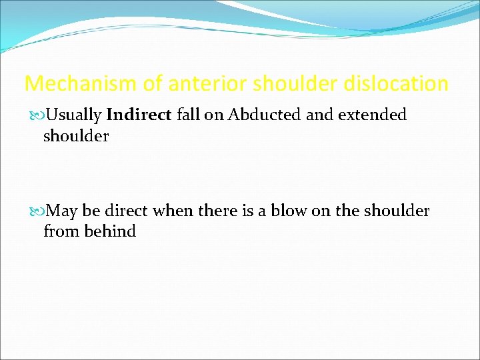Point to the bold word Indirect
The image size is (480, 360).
coord(139,115)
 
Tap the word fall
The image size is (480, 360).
coord(189,115)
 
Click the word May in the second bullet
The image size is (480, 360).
coord(62,211)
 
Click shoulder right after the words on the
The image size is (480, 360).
coord(397,211)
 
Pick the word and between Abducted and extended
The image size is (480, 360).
coord(319,115)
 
